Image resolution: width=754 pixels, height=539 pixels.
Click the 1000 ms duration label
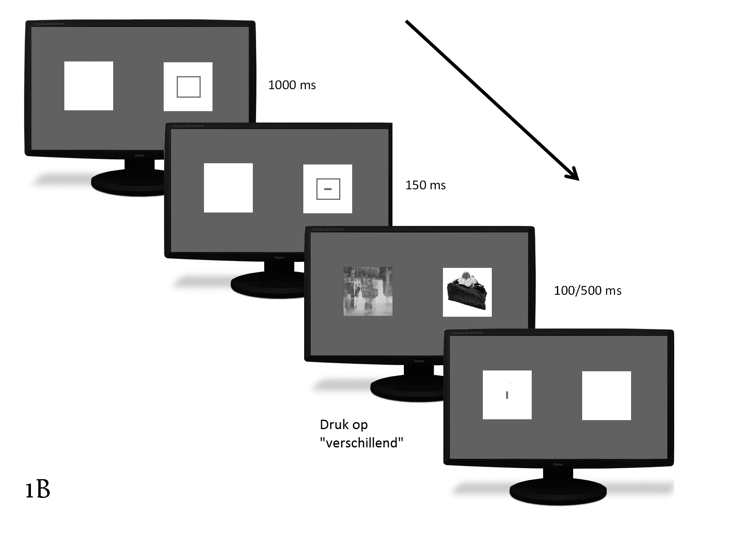(292, 85)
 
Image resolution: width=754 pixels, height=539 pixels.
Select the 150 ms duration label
(425, 185)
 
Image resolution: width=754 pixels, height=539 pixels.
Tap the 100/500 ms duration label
(587, 291)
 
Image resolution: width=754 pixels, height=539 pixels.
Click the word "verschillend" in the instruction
(362, 443)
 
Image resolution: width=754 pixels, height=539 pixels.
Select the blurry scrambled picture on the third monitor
(368, 291)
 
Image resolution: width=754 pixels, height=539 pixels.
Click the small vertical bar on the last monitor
(507, 395)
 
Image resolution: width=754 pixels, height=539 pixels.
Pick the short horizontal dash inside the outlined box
(328, 189)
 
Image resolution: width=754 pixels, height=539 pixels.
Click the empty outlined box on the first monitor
(188, 87)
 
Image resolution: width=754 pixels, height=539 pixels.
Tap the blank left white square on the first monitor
(89, 86)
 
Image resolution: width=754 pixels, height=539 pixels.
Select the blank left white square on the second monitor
(228, 188)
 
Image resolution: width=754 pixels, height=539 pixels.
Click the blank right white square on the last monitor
(606, 396)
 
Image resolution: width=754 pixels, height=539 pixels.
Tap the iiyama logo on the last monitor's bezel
(558, 465)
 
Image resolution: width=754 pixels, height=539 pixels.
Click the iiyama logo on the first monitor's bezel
(139, 156)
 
